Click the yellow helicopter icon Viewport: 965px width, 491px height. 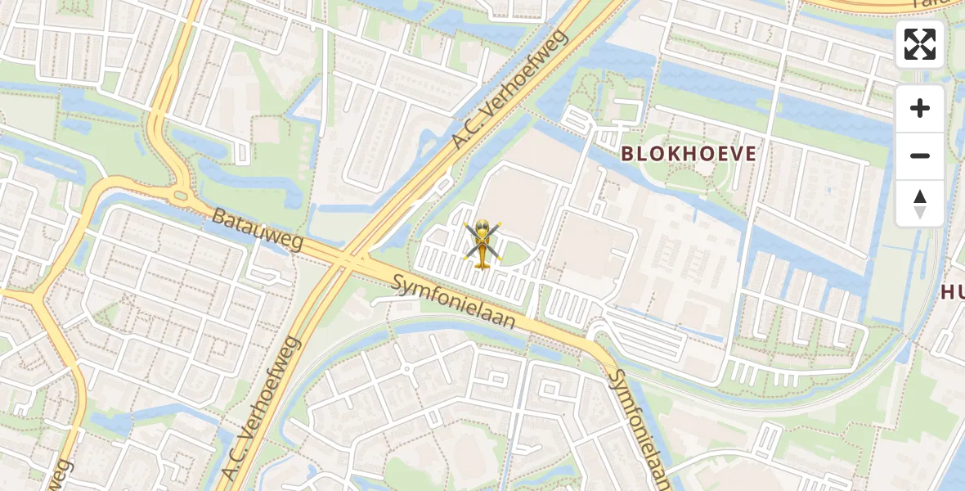pos(482,243)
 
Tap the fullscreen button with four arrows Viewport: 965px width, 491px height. pos(920,44)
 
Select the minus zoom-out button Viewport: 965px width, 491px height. pos(920,155)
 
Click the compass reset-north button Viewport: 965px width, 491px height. pos(920,204)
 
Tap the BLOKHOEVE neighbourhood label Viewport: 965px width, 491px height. pos(689,153)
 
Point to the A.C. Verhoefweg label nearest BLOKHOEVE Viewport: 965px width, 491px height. pos(510,91)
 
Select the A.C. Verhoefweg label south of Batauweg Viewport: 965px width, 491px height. pos(262,408)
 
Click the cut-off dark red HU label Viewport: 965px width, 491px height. pos(953,292)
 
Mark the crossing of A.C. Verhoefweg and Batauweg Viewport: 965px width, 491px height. pos(350,260)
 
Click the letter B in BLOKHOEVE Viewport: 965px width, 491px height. pos(628,153)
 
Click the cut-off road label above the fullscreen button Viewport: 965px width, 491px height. pos(940,6)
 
